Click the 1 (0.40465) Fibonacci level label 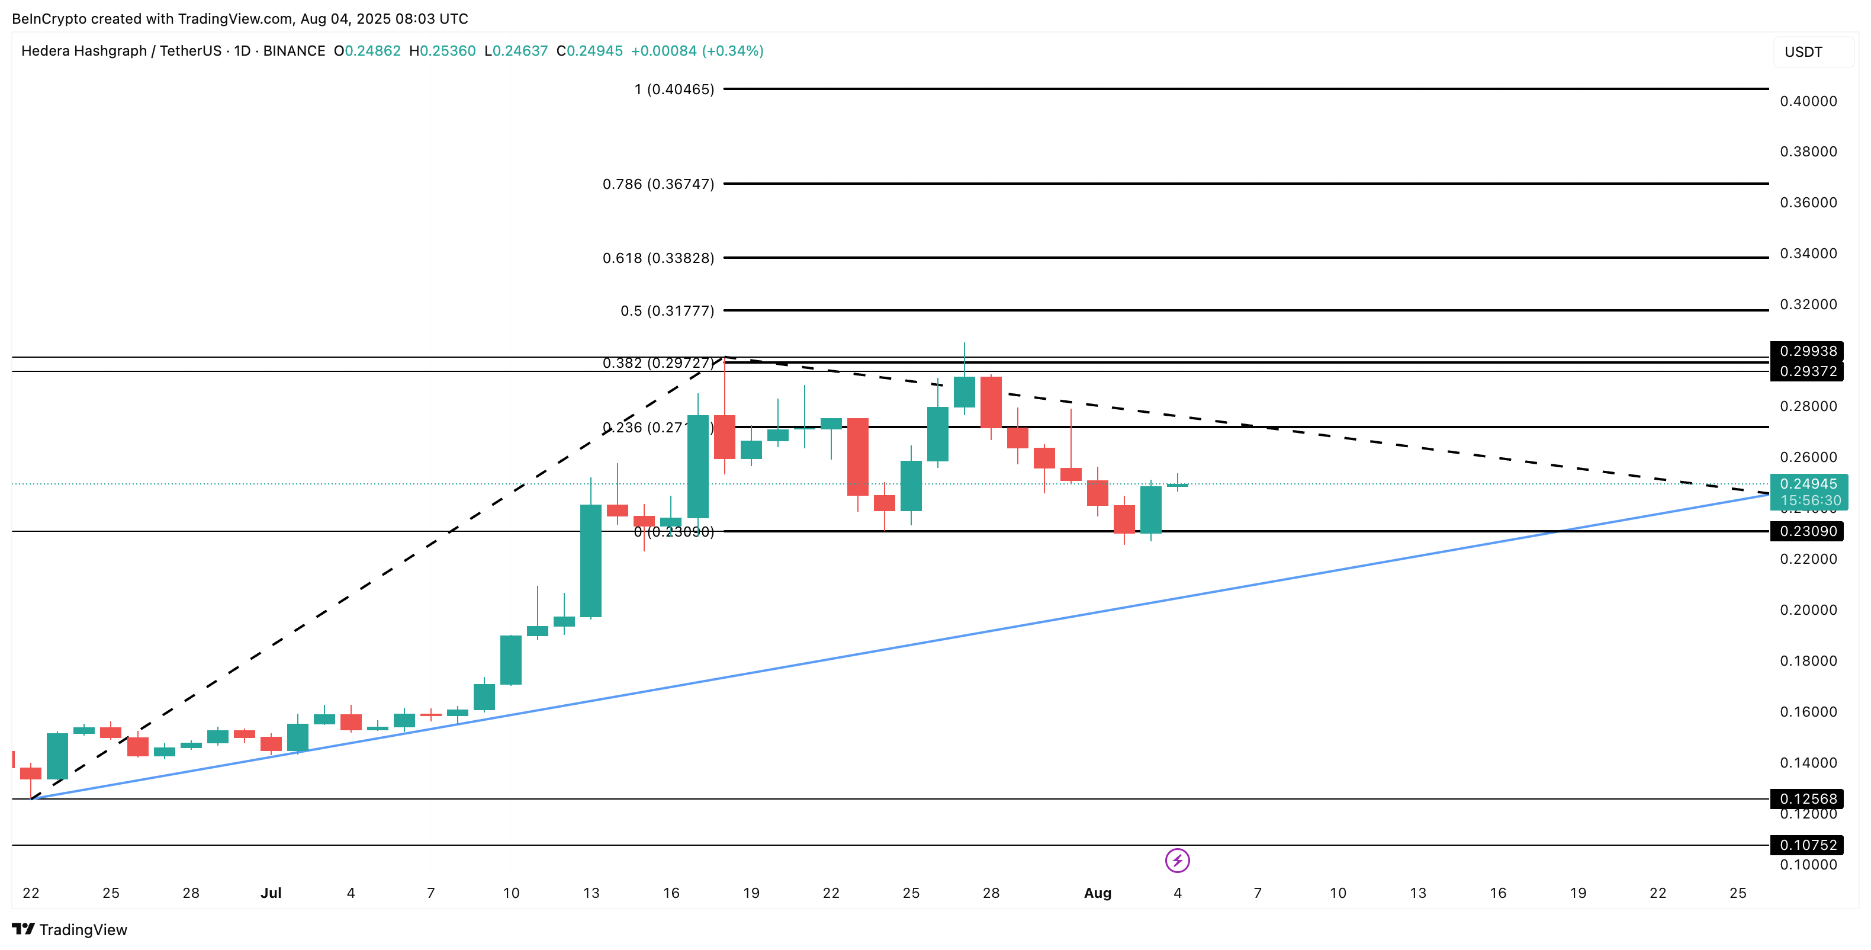click(x=673, y=89)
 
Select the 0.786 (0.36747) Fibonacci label click(x=658, y=184)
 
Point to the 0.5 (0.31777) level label click(x=667, y=311)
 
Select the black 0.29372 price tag click(x=1807, y=372)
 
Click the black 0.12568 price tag click(x=1807, y=799)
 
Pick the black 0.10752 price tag click(x=1807, y=845)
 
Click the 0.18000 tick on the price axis click(x=1808, y=661)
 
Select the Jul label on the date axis click(x=271, y=893)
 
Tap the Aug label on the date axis click(x=1098, y=893)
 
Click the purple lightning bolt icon click(x=1177, y=861)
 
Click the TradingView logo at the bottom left click(x=70, y=930)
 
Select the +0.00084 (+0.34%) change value click(x=696, y=51)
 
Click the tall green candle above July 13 click(x=590, y=561)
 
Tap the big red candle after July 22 click(x=858, y=457)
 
